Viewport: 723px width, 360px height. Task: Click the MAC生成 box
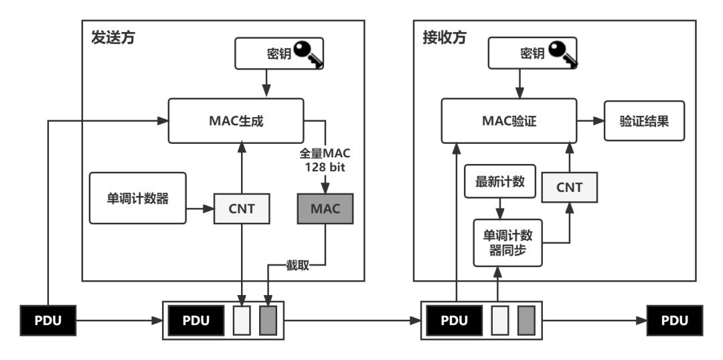236,121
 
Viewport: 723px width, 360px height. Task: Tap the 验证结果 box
644,121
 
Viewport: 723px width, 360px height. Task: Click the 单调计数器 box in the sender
137,198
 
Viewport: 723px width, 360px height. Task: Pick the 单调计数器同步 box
508,243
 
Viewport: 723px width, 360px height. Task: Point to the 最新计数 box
499,181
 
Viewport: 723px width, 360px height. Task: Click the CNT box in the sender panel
242,208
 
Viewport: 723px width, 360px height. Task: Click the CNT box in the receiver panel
569,187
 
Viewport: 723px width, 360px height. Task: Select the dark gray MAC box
325,208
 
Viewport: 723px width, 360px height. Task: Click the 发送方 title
113,37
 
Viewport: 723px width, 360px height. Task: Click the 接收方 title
444,37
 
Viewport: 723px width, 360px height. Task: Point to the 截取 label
298,265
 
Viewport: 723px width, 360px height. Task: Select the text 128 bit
325,167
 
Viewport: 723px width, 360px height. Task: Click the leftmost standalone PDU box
48,321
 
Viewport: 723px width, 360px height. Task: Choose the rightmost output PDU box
674,321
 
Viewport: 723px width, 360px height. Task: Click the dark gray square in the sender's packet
268,321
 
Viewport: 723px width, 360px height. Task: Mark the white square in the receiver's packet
499,321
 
